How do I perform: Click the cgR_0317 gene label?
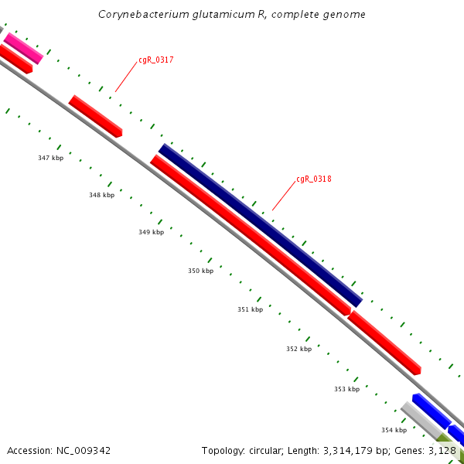[155, 60]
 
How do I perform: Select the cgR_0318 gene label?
[313, 179]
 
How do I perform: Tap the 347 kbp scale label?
[50, 158]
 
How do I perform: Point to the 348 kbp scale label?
[101, 195]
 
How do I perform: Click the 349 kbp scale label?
[151, 232]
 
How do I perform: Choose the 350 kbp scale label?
[200, 271]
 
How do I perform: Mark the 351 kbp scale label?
[250, 309]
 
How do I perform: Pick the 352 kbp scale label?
[299, 349]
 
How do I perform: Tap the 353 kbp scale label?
[346, 389]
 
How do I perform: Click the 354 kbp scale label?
[394, 430]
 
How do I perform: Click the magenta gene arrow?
[23, 48]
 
